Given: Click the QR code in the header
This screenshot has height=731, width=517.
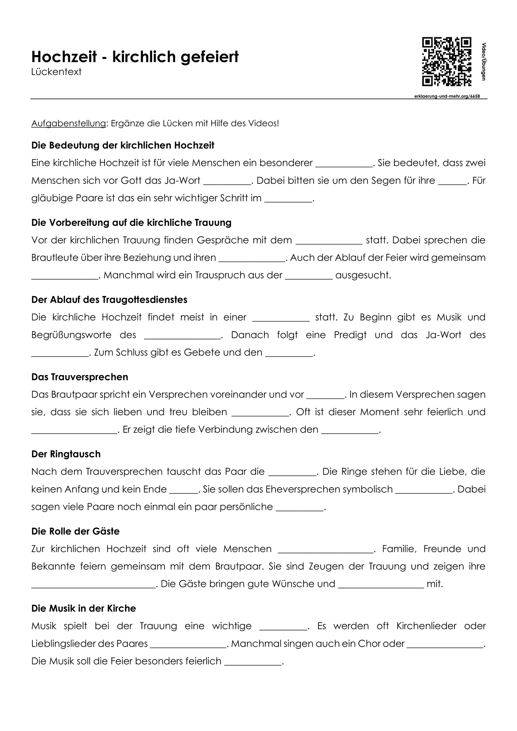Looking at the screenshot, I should (446, 62).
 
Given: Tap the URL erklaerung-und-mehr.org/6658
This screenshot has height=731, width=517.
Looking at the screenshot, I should (447, 96).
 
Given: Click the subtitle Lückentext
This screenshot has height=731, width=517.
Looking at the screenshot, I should (56, 72).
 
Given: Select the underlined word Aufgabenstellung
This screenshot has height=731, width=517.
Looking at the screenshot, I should (68, 124).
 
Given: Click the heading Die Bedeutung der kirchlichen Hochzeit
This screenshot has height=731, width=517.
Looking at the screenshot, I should (122, 145).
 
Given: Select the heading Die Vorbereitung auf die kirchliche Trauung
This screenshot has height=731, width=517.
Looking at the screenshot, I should (131, 223).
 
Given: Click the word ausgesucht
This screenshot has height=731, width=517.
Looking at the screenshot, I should (363, 275).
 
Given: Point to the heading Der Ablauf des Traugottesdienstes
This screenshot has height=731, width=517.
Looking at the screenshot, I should (109, 300).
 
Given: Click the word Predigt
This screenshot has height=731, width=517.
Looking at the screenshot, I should (350, 335).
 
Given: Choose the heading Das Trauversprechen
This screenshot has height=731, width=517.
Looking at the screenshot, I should (80, 377).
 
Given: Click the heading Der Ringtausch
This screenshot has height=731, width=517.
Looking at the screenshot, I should (66, 454).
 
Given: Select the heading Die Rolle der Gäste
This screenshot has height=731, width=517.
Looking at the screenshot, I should (75, 531).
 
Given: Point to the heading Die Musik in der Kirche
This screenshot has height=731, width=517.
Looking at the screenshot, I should (83, 608).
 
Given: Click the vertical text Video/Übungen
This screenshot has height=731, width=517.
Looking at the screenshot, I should (484, 62).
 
